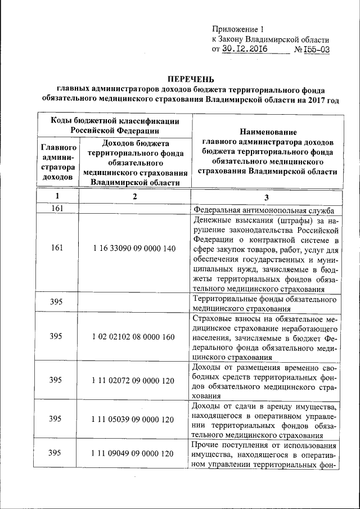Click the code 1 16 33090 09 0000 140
(x=134, y=249)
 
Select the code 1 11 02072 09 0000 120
(x=134, y=380)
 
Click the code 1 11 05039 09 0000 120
(x=134, y=419)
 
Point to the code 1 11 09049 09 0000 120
(x=134, y=454)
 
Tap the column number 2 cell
(x=134, y=196)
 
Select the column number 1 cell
(x=56, y=196)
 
